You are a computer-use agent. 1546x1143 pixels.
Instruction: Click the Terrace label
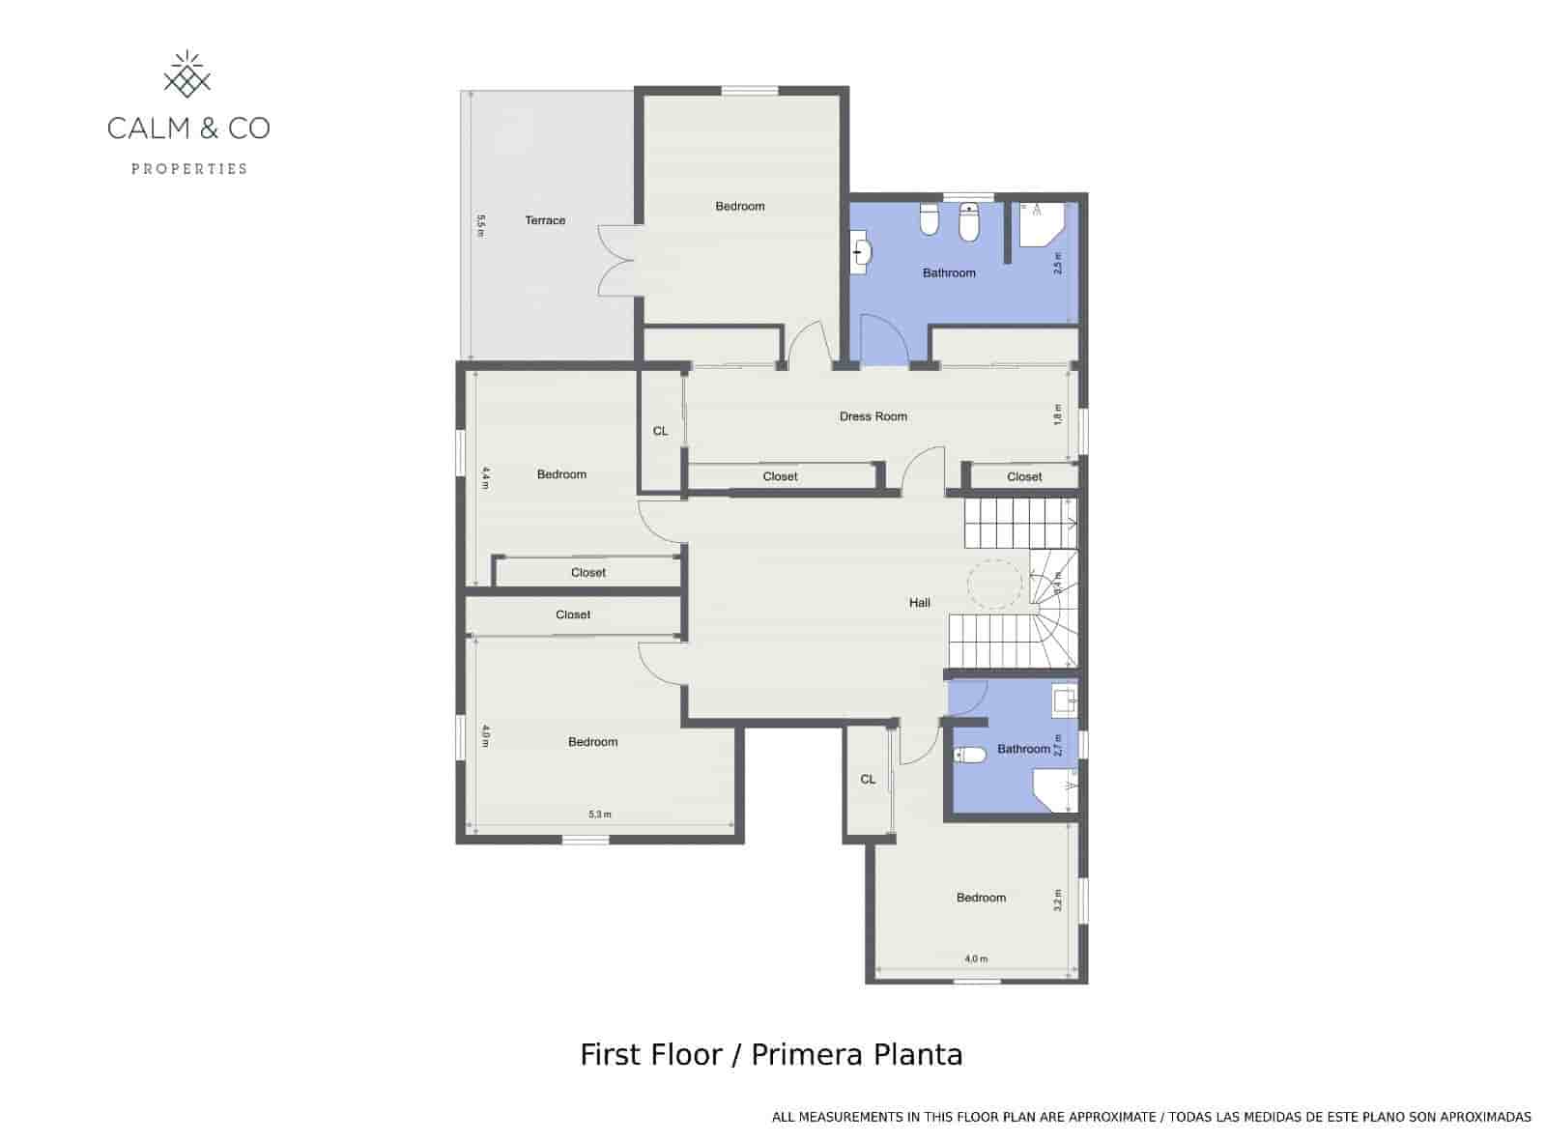pos(545,220)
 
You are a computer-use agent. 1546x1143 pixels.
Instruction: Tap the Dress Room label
pos(873,416)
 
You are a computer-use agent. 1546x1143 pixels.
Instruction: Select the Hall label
pos(919,603)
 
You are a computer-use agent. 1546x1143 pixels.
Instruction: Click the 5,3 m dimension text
pos(599,814)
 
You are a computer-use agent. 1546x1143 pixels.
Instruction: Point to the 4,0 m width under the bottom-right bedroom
pos(976,959)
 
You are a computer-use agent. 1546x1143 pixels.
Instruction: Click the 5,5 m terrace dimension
pos(480,224)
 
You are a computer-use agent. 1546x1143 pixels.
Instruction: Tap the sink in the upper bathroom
pos(861,253)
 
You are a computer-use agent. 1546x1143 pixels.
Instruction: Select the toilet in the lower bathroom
pos(969,755)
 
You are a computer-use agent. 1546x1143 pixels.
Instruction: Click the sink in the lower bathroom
pos(1064,699)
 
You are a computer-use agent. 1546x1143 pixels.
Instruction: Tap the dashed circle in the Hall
pos(993,584)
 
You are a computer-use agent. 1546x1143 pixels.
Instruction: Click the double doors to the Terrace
pos(616,259)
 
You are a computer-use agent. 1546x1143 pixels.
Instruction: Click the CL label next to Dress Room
pos(660,431)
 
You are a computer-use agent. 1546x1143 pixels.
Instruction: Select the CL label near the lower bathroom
pos(868,779)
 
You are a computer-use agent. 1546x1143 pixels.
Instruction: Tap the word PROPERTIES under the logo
pos(189,169)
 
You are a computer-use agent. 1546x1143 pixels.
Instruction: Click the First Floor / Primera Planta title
pos(771,1054)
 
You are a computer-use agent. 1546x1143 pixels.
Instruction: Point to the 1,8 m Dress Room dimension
pos(1058,414)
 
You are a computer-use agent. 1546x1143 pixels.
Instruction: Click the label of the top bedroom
pos(739,206)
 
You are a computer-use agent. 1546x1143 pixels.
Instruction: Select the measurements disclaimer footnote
pos(1151,1117)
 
